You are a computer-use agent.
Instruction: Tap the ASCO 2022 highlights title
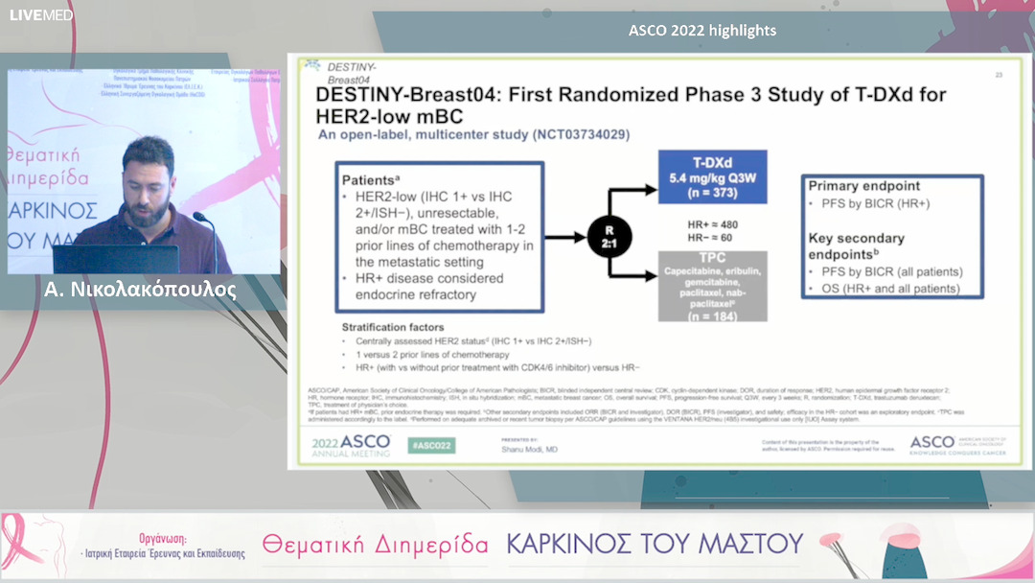(701, 31)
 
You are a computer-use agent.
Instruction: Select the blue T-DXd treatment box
(713, 177)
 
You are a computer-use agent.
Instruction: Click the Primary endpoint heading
(864, 186)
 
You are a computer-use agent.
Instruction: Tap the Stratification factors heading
(393, 328)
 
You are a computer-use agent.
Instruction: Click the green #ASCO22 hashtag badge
(431, 445)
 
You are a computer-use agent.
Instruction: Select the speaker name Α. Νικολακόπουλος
(140, 289)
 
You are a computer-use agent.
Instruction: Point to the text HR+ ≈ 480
(714, 224)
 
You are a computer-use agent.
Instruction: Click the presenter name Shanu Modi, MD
(529, 448)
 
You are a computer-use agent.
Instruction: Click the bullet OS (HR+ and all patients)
(889, 288)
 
